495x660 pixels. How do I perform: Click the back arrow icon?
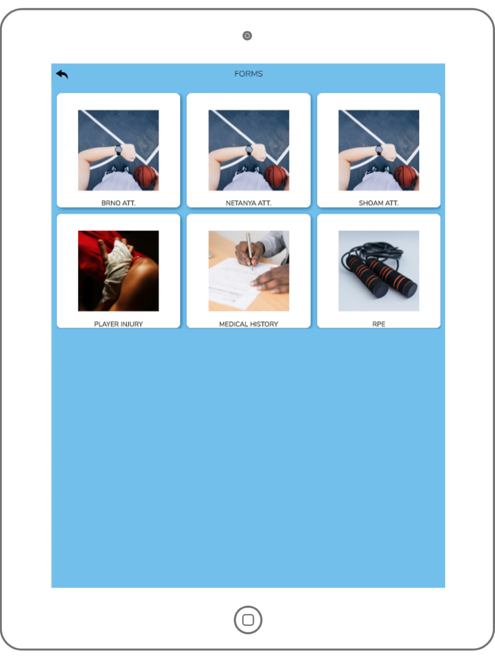(x=62, y=74)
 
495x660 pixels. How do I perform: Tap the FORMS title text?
(x=248, y=74)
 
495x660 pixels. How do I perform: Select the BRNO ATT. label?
(x=118, y=203)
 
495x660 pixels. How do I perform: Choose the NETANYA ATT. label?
(x=248, y=203)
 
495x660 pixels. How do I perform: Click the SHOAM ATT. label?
(x=379, y=203)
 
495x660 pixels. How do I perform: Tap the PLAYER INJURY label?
(x=118, y=324)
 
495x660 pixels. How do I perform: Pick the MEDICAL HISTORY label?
(x=248, y=324)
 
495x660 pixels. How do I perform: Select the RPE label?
(x=379, y=324)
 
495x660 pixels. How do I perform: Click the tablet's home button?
(x=248, y=620)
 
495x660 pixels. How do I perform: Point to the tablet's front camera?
(x=247, y=36)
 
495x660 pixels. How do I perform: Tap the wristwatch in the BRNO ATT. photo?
(x=118, y=150)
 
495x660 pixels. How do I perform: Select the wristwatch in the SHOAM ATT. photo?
(x=379, y=150)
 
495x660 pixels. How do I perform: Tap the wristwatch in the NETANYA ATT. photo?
(x=249, y=150)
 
